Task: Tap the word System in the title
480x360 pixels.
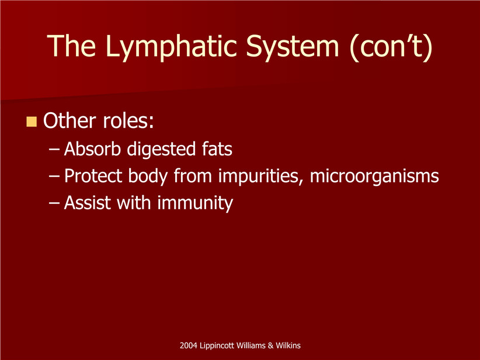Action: point(293,47)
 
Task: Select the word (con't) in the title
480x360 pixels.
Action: point(391,47)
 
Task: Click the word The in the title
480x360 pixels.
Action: point(71,46)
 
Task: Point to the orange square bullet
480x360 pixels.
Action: point(32,122)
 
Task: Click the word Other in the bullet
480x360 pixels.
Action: point(69,120)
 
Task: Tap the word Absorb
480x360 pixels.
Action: point(92,149)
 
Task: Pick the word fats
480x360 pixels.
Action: point(217,149)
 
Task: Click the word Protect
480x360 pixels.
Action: point(93,176)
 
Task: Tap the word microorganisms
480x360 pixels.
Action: point(374,176)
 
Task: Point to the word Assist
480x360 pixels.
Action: point(87,203)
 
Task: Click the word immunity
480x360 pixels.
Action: point(195,204)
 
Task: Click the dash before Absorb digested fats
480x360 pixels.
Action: point(54,150)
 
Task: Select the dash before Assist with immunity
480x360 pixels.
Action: point(54,203)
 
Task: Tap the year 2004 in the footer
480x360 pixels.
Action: point(188,345)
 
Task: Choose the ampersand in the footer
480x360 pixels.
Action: point(270,345)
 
